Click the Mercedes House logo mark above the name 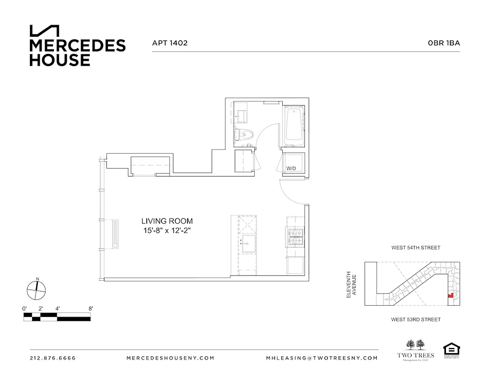point(45,31)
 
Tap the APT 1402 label point(169,43)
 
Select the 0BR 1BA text point(444,43)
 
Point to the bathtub point(294,125)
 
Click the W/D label point(291,169)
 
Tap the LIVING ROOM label point(167,221)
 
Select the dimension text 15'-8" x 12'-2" point(167,230)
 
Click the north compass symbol point(37,289)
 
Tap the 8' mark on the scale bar point(90,309)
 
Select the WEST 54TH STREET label point(416,248)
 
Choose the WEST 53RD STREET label point(416,320)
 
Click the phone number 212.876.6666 point(53,358)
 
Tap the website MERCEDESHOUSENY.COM point(170,358)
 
